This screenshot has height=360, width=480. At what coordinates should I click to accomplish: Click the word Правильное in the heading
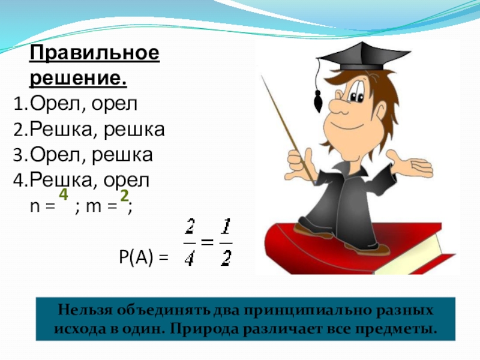point(95,55)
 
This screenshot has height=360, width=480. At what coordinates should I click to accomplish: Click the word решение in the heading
point(78,79)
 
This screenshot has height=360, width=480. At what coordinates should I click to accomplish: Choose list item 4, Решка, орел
point(91,180)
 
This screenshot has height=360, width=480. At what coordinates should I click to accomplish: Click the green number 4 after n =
point(63,196)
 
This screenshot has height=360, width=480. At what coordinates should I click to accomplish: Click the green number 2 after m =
point(124,196)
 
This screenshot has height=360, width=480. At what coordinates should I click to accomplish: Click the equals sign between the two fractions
point(207,242)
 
